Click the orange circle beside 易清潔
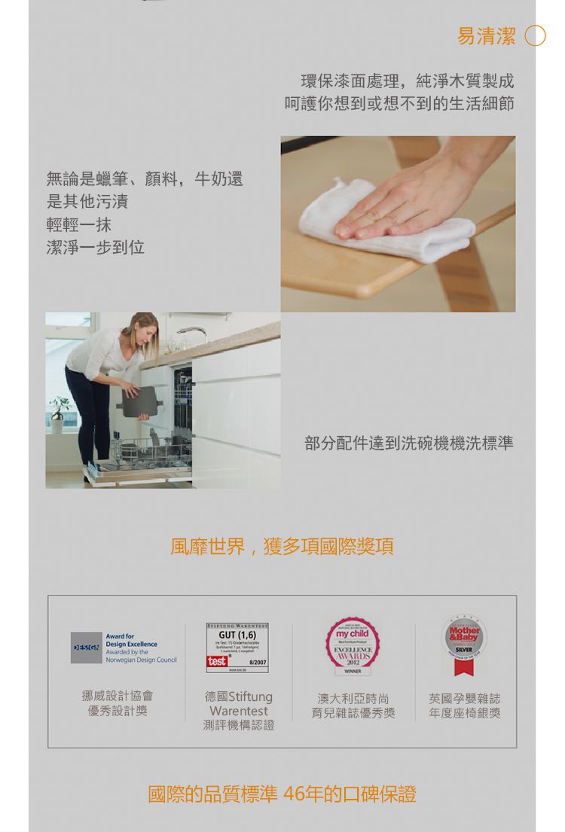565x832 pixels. point(535,35)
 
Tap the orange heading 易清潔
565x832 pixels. point(487,35)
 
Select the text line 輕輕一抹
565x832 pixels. point(79,224)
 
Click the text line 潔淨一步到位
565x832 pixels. point(95,247)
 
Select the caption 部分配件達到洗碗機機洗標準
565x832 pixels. point(409,443)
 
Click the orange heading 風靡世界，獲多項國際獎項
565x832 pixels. point(282,546)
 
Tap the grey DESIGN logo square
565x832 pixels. point(86,648)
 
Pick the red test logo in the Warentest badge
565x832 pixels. point(217,660)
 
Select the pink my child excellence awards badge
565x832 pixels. point(353,645)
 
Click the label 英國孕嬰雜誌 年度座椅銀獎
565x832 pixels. point(465,706)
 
